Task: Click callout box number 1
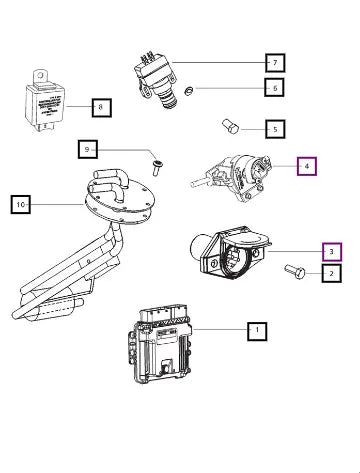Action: click(x=257, y=331)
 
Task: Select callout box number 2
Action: click(x=331, y=273)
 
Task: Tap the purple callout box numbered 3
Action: click(x=332, y=252)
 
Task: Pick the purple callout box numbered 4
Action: click(x=307, y=166)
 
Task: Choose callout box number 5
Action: click(x=275, y=129)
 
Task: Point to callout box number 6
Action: click(x=275, y=87)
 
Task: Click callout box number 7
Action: click(x=275, y=62)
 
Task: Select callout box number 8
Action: click(x=101, y=107)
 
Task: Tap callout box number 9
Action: click(x=88, y=149)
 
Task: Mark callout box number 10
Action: click(x=21, y=204)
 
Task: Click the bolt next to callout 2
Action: click(x=295, y=271)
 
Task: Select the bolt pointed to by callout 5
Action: click(x=230, y=126)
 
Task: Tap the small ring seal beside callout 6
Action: click(x=189, y=90)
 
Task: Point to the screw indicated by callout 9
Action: click(x=156, y=168)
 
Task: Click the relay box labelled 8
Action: click(x=45, y=102)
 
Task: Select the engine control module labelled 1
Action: click(x=160, y=344)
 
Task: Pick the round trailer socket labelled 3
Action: click(x=231, y=253)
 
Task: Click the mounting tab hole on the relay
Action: click(x=41, y=75)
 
